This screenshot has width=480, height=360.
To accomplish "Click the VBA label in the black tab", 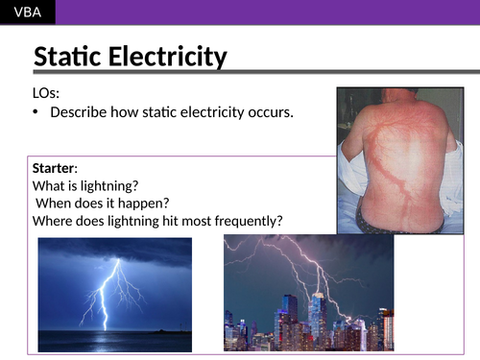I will point(27,12).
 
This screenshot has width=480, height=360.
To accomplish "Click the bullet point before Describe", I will point(37,112).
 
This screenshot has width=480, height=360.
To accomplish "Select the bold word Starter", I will point(54,168).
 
